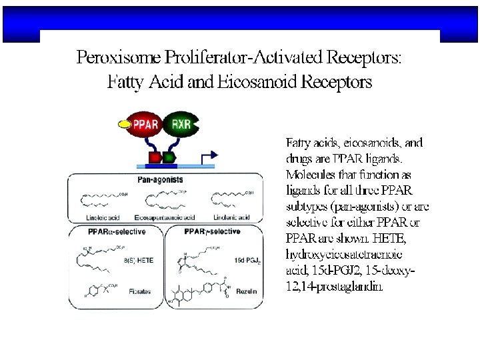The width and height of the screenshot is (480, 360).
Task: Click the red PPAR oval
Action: (x=145, y=124)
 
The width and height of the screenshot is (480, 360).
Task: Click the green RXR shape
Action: (x=180, y=124)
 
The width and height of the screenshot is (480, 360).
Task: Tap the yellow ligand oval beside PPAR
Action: (x=123, y=124)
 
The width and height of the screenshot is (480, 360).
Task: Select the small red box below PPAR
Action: (x=154, y=158)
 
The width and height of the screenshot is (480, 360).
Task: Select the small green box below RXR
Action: (x=169, y=158)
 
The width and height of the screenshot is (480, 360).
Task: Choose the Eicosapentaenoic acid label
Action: (x=164, y=218)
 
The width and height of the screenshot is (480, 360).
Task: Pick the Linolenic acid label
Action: (x=232, y=218)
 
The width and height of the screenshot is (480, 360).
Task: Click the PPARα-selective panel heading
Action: (x=117, y=231)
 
